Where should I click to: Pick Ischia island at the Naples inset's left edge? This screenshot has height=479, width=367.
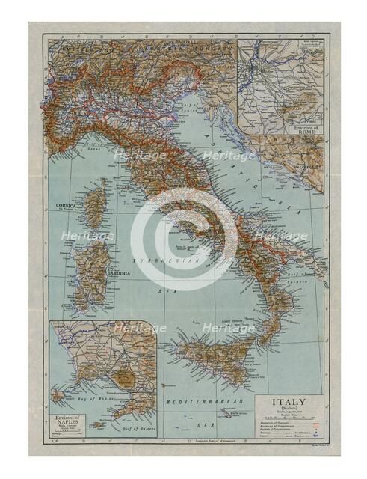click(57, 395)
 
